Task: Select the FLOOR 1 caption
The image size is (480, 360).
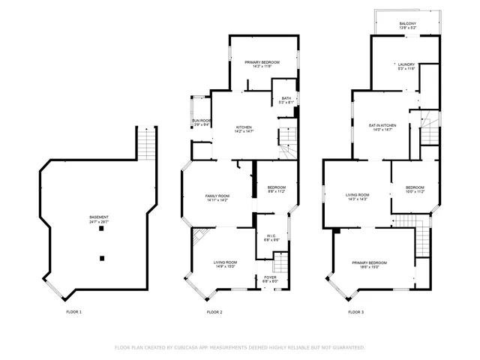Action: pyautogui.click(x=73, y=311)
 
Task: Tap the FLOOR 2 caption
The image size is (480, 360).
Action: pyautogui.click(x=214, y=311)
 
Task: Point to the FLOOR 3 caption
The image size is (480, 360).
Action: pyautogui.click(x=355, y=311)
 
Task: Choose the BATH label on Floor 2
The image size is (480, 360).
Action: pyautogui.click(x=286, y=98)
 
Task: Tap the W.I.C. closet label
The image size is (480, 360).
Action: pyautogui.click(x=271, y=236)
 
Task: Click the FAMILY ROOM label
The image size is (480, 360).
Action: pyautogui.click(x=217, y=196)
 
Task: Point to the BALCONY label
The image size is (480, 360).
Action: pyautogui.click(x=407, y=23)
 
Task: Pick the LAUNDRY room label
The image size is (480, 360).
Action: pyautogui.click(x=406, y=64)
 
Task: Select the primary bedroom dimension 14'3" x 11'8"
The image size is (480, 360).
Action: pyautogui.click(x=262, y=67)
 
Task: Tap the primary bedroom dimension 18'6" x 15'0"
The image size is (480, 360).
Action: pyautogui.click(x=370, y=266)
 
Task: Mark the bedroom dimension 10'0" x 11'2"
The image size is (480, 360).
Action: pyautogui.click(x=415, y=191)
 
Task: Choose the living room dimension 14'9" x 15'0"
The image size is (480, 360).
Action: pyautogui.click(x=225, y=266)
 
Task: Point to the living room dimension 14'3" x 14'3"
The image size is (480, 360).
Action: pyautogui.click(x=356, y=199)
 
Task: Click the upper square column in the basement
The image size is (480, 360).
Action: pyautogui.click(x=101, y=230)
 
